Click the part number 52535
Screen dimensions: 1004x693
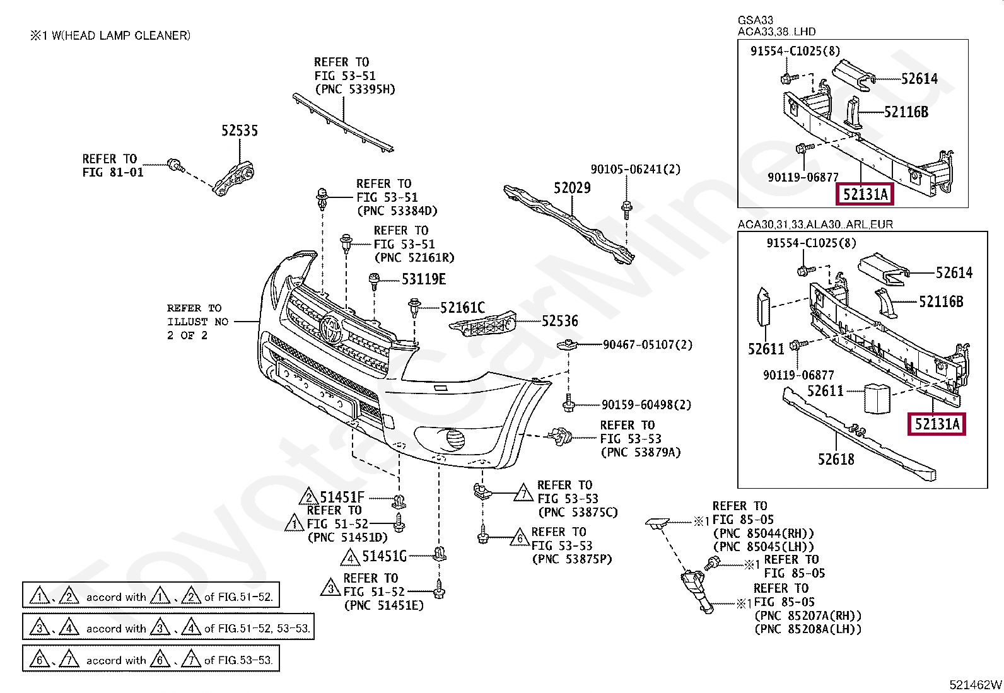[x=240, y=131]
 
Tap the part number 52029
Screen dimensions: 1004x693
[x=572, y=187]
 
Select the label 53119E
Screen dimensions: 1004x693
[x=424, y=279]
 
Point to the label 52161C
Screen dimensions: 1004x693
[x=462, y=308]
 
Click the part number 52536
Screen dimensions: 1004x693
[x=560, y=321]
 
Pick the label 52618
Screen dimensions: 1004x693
[x=836, y=459]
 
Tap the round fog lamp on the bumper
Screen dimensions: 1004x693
[x=455, y=439]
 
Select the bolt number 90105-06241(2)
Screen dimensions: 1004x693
[x=636, y=169]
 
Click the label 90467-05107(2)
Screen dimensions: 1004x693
[x=648, y=345]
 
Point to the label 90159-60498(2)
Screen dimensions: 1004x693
[x=646, y=405]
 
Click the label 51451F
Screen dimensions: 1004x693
[x=342, y=497]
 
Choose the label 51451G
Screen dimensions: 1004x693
[x=384, y=556]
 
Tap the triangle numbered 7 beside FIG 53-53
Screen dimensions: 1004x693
[x=523, y=493]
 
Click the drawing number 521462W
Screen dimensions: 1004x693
[x=976, y=685]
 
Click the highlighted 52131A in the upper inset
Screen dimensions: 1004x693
[x=865, y=194]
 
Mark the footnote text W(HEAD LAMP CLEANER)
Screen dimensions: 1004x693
[x=121, y=35]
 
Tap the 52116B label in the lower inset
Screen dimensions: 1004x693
[x=941, y=301]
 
